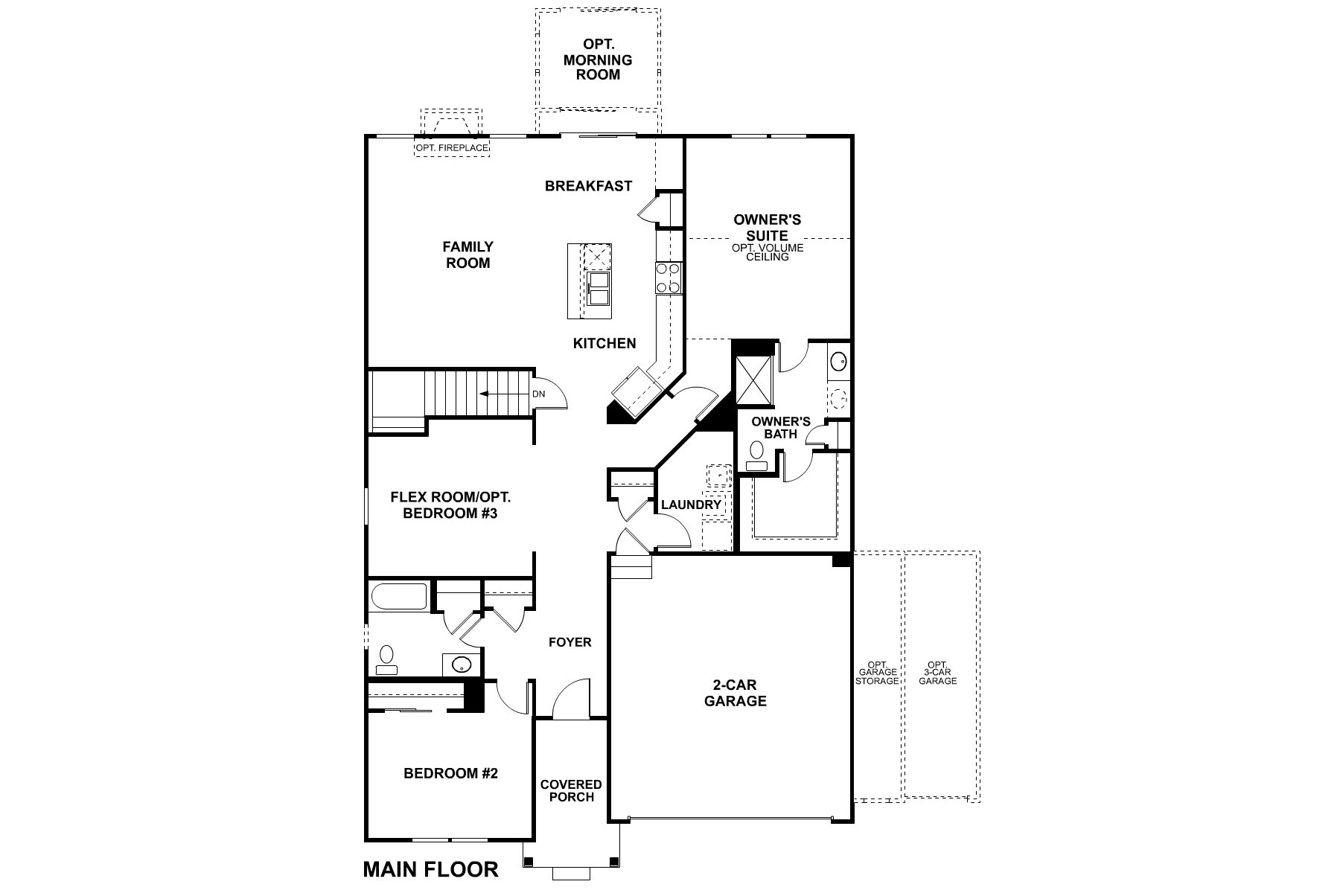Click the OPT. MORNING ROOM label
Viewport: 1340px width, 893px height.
(598, 60)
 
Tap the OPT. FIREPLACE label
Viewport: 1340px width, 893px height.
(452, 148)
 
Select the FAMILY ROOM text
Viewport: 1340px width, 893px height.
(468, 255)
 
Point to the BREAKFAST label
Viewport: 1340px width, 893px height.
(588, 186)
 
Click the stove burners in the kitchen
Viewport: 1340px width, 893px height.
(668, 278)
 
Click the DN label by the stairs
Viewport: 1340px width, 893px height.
(538, 394)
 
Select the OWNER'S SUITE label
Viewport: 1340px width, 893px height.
(767, 227)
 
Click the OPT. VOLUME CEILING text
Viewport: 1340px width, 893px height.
(768, 252)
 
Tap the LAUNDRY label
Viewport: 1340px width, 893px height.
(691, 505)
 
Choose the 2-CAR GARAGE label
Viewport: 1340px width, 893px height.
(736, 693)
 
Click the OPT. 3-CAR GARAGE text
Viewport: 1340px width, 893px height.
(937, 673)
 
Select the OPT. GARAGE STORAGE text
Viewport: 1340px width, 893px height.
(876, 673)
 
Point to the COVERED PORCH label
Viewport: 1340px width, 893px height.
(571, 790)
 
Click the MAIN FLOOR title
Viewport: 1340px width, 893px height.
(430, 868)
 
